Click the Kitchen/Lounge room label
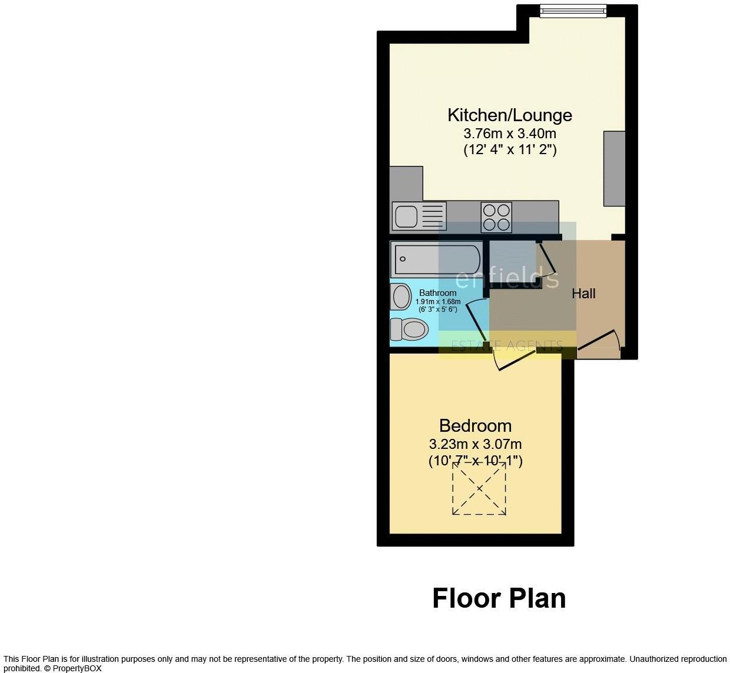tap(509, 115)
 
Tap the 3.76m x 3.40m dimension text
tap(509, 134)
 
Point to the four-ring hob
tap(496, 216)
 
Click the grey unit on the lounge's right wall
tap(613, 168)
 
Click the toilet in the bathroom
tap(409, 329)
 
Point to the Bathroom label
tap(437, 293)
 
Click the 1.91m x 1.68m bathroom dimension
tap(437, 301)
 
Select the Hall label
tap(583, 294)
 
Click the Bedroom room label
tap(475, 425)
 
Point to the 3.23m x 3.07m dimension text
tap(475, 444)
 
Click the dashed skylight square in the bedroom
tap(479, 488)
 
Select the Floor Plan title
tap(499, 598)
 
